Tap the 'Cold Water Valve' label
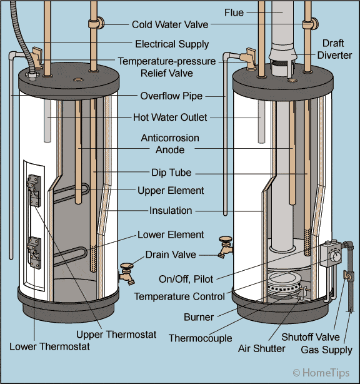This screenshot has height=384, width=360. coord(170,25)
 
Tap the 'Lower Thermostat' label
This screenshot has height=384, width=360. coord(49,346)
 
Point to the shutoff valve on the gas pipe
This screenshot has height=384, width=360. coord(347,275)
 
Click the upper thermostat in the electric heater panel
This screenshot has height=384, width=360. coord(33,188)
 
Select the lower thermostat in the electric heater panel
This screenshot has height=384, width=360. coord(33,250)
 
